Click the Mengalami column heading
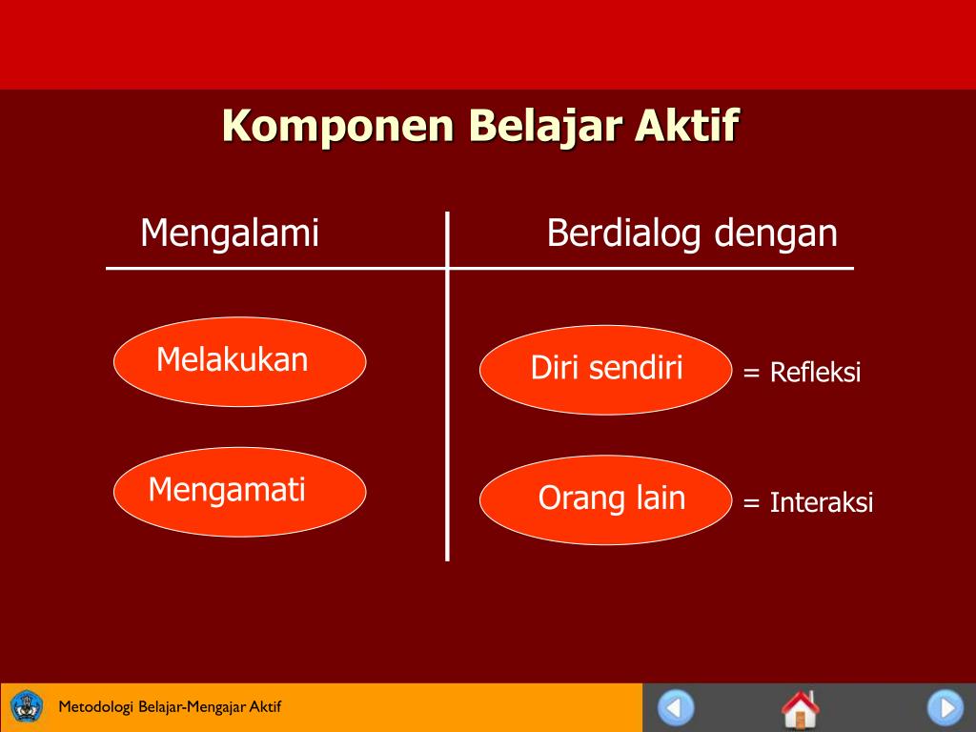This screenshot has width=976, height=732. click(x=230, y=234)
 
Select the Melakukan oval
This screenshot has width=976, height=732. click(x=239, y=361)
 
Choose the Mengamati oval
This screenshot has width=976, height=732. click(x=239, y=491)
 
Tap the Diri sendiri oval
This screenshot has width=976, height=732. click(x=605, y=370)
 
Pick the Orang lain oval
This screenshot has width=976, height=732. click(x=605, y=499)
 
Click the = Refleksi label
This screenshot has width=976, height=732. click(x=802, y=373)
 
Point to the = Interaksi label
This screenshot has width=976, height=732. click(x=807, y=502)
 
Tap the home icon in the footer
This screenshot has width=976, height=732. click(x=800, y=709)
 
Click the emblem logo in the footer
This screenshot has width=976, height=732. click(x=27, y=707)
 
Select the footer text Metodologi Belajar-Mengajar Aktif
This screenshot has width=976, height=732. click(x=170, y=707)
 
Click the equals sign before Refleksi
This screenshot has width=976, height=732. click(x=752, y=373)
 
